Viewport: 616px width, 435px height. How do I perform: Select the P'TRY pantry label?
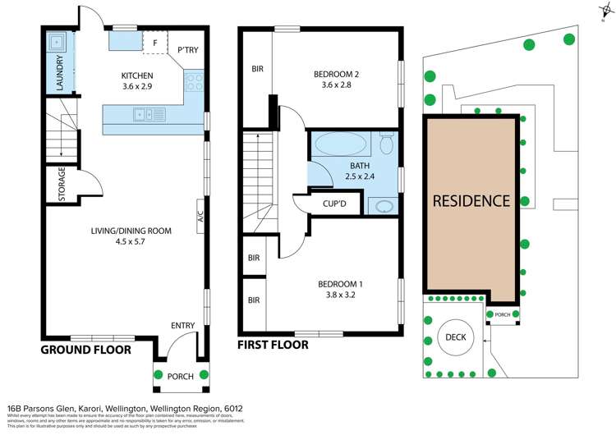click(x=187, y=50)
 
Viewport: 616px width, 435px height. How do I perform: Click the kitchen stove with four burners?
click(x=195, y=82)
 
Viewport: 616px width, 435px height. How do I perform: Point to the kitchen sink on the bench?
click(x=150, y=115)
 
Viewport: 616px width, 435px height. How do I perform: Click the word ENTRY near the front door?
click(x=182, y=326)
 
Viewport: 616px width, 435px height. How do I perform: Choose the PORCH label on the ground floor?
click(x=180, y=377)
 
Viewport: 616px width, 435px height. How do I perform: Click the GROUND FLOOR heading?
click(x=86, y=350)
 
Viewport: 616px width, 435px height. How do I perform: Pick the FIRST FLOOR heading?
click(x=273, y=346)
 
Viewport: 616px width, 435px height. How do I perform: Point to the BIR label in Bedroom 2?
click(x=257, y=69)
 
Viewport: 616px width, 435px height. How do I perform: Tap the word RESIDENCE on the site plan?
click(x=471, y=200)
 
